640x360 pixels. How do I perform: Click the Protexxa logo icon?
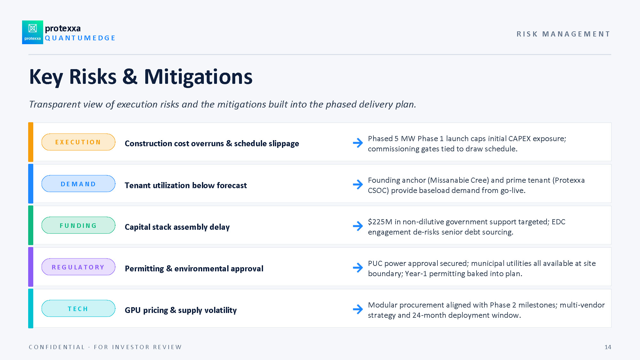tap(33, 32)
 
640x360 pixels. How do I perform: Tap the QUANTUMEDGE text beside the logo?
tap(80, 38)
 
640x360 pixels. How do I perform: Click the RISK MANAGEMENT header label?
tap(564, 34)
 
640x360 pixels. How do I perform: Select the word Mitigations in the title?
tap(198, 77)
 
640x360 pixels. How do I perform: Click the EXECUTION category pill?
tap(78, 142)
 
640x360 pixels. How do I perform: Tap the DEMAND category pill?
tap(78, 184)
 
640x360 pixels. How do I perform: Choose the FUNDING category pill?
tap(78, 225)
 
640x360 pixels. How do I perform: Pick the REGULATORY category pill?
tap(78, 267)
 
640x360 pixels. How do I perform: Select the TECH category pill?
tap(78, 308)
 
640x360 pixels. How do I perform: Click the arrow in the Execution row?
tap(358, 143)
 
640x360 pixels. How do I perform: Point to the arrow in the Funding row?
tap(358, 226)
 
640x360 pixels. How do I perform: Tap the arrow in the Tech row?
tap(358, 309)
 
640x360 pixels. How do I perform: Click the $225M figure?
tap(380, 222)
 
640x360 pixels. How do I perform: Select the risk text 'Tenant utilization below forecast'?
tap(186, 185)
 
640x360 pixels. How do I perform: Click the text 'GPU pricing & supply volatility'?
tap(181, 310)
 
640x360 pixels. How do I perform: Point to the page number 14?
tap(608, 347)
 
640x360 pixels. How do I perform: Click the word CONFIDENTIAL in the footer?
tap(57, 347)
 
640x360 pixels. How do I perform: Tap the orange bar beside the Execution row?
tap(31, 142)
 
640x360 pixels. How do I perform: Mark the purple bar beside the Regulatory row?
tap(31, 267)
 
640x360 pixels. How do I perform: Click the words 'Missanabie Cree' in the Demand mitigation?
tap(458, 180)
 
